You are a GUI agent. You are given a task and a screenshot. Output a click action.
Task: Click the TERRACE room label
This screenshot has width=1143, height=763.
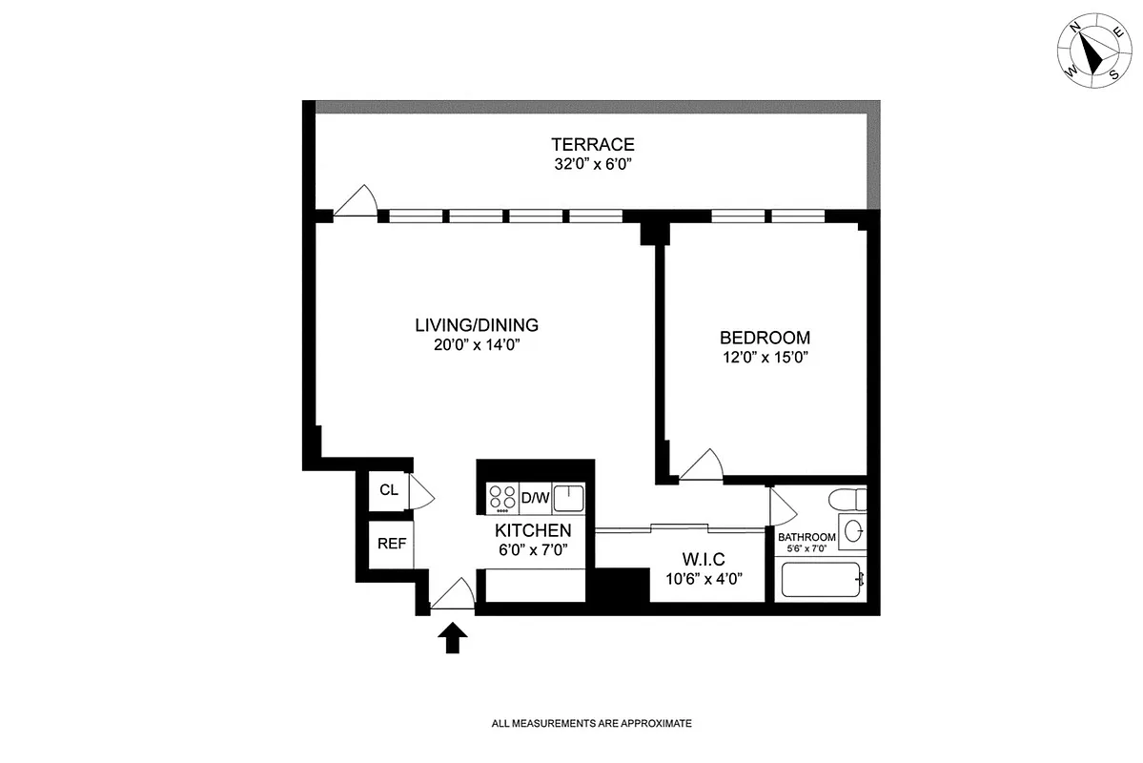[592, 145]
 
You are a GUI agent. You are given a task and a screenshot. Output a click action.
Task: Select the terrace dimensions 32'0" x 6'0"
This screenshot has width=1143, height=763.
[592, 164]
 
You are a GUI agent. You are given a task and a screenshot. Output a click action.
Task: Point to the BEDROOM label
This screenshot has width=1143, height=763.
[765, 338]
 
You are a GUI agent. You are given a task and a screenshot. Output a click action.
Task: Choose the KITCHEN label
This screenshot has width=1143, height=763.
[533, 530]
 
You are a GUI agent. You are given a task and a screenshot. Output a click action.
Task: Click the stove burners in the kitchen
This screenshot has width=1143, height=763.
[502, 497]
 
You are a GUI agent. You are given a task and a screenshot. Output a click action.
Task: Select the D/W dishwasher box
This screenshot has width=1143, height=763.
[535, 497]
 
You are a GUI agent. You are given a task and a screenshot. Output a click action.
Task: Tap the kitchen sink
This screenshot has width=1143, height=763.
[569, 497]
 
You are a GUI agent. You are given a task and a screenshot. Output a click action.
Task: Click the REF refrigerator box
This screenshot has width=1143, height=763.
[392, 545]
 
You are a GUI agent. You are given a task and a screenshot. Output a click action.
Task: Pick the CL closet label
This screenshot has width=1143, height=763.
[388, 491]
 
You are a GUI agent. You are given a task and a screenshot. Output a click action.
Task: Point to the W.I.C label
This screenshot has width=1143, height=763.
[705, 558]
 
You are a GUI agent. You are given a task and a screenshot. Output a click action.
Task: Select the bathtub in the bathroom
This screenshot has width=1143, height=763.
[821, 579]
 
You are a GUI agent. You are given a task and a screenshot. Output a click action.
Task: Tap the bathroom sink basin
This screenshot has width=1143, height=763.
[853, 530]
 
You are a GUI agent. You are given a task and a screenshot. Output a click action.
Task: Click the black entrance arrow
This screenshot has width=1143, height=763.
[453, 637]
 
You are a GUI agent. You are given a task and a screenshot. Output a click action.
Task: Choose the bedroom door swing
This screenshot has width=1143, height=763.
[703, 464]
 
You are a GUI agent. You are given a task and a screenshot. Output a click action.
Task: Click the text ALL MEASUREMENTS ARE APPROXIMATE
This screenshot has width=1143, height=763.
[591, 724]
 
